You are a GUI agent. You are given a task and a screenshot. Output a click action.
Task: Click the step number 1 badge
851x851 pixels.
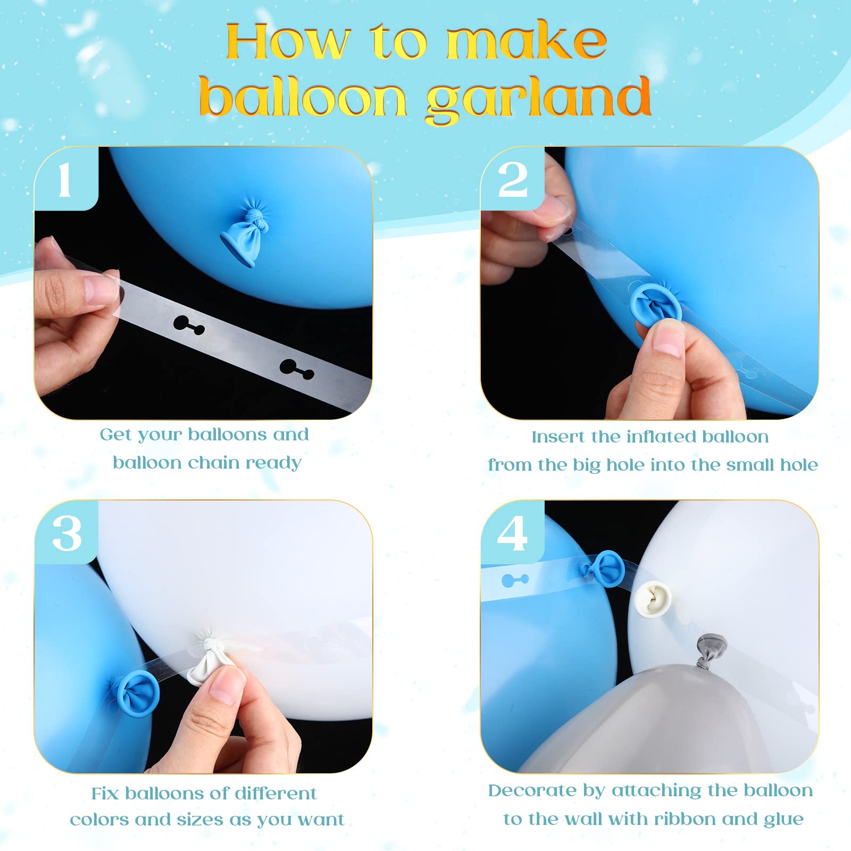(x=66, y=179)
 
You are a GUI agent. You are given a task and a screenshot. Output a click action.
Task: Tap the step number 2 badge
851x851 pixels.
(x=513, y=179)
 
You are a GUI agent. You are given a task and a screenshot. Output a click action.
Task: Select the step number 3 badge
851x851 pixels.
(x=66, y=532)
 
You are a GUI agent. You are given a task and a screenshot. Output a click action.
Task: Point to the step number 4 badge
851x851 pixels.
(x=513, y=532)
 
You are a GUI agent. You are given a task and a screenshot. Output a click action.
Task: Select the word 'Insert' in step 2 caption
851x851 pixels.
(x=558, y=437)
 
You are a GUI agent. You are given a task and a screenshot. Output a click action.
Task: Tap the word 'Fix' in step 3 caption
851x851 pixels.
(x=105, y=794)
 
